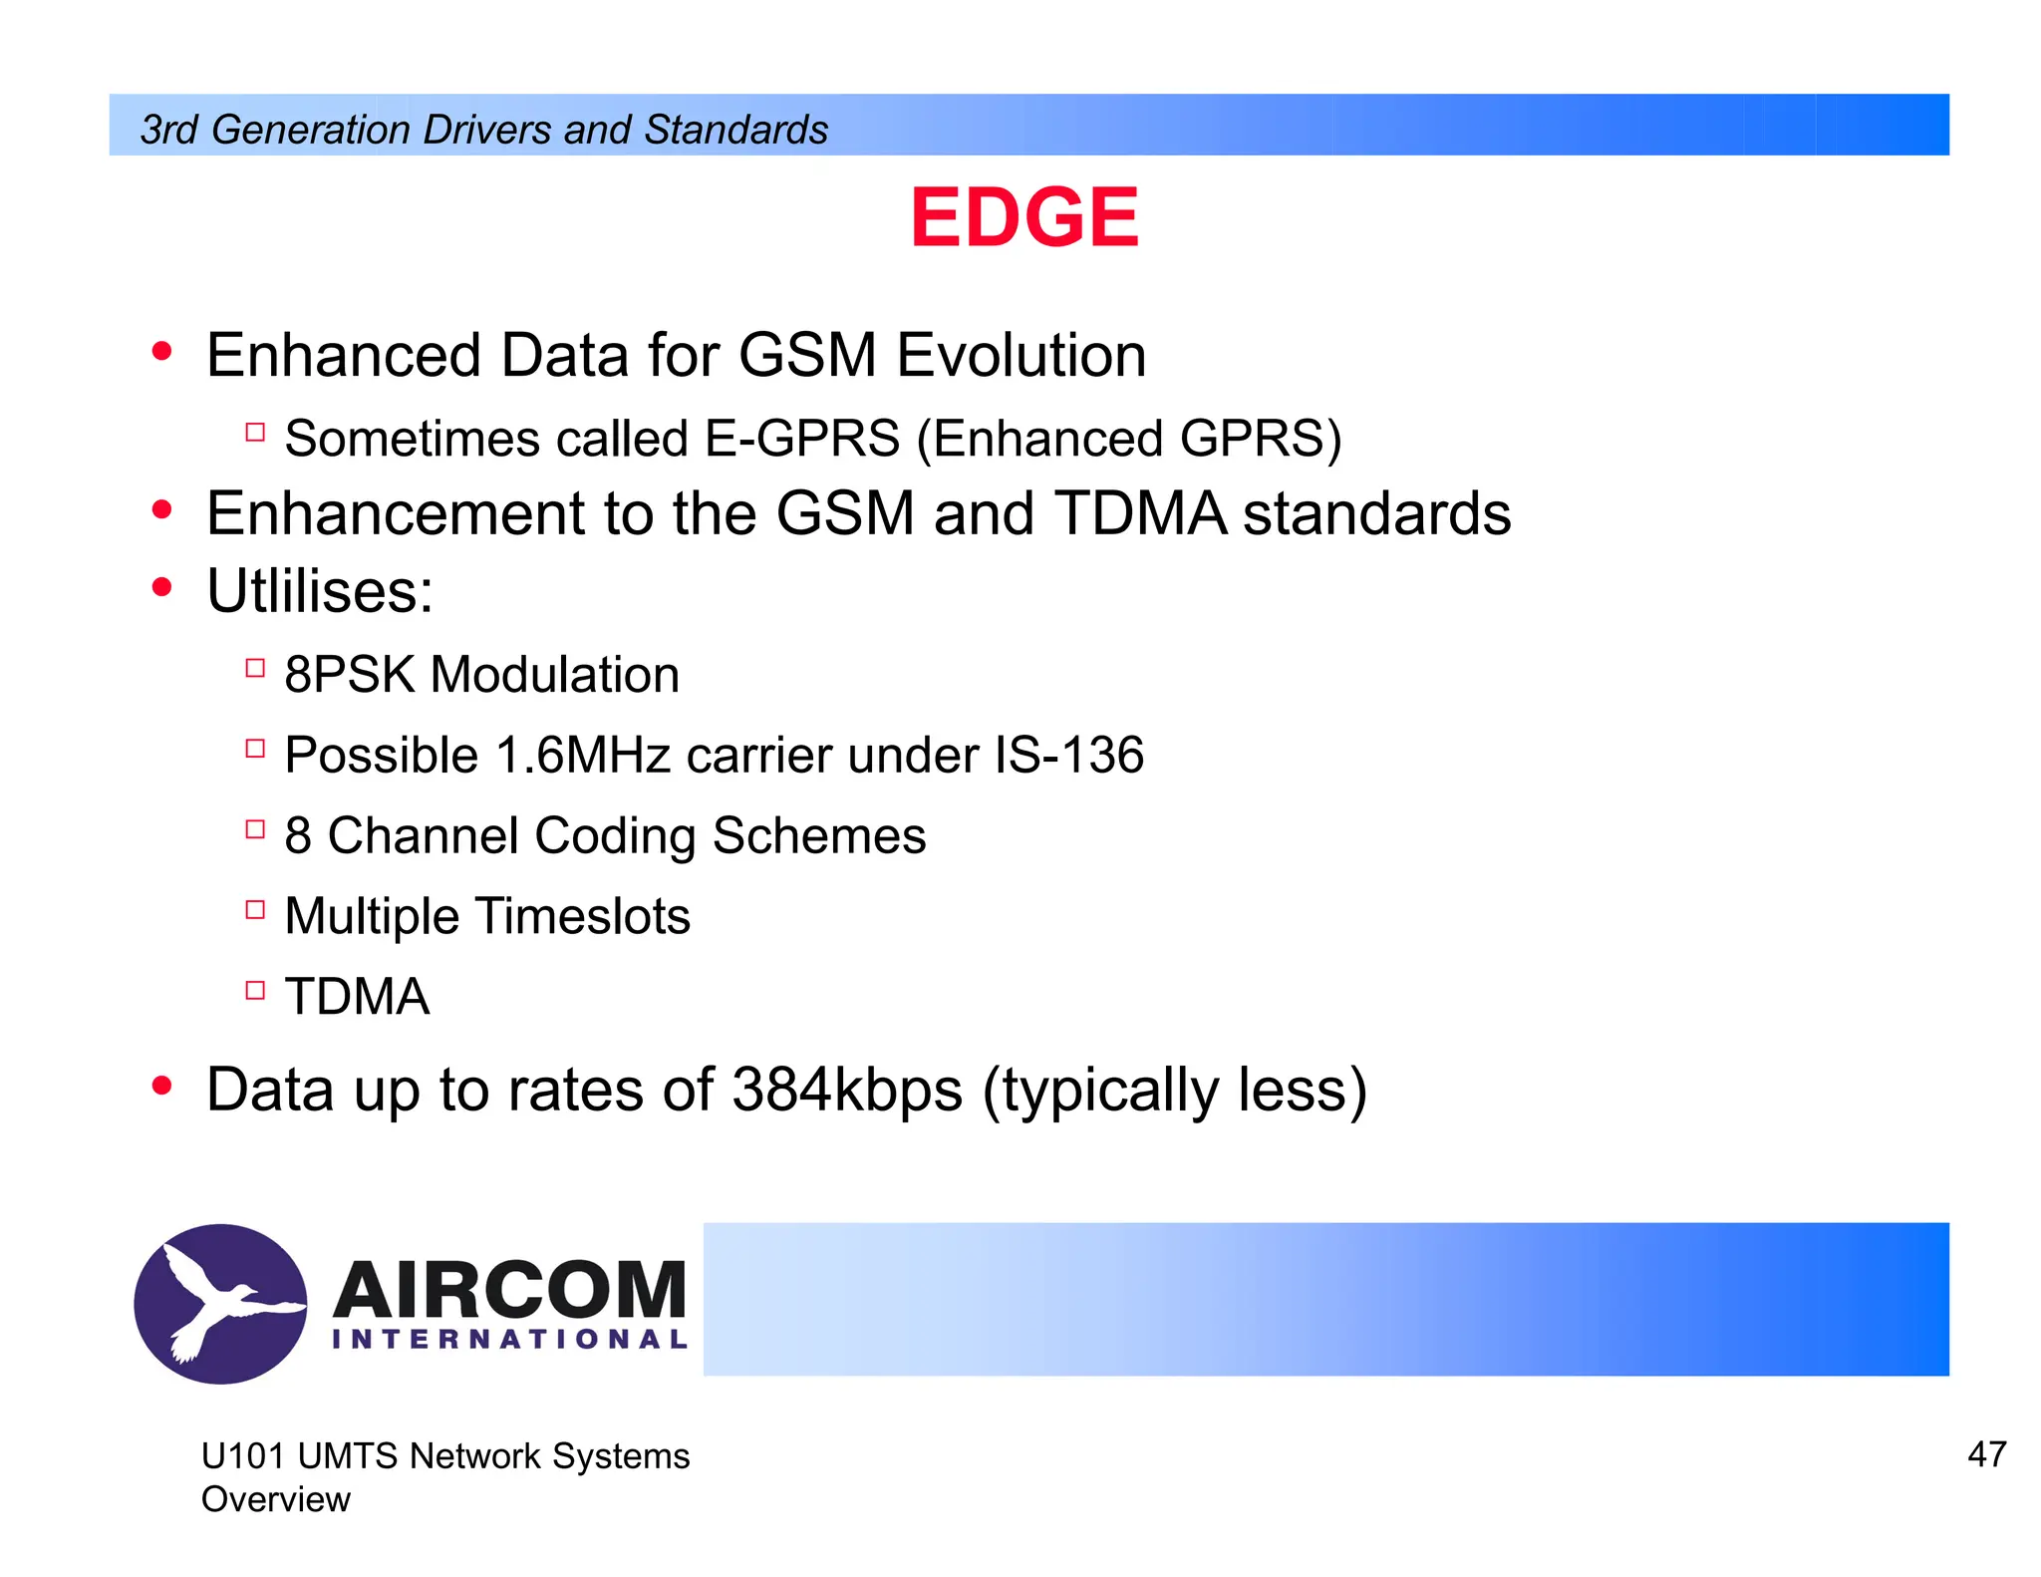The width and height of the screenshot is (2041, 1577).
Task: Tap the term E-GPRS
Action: click(801, 439)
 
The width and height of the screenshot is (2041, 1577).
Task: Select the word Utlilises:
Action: click(320, 591)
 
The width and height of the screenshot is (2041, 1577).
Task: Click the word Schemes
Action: click(818, 835)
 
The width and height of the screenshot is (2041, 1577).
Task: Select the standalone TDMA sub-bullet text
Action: click(357, 997)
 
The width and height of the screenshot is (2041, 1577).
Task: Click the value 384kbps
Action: click(847, 1090)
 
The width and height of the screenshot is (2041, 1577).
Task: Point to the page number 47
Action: click(1986, 1454)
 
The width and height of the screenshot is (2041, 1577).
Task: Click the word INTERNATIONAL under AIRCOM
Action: click(509, 1340)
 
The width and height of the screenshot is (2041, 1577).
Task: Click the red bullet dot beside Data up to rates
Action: click(161, 1086)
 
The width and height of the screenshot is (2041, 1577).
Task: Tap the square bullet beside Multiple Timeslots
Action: click(255, 909)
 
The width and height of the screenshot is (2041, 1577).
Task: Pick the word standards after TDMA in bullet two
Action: click(1376, 513)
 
